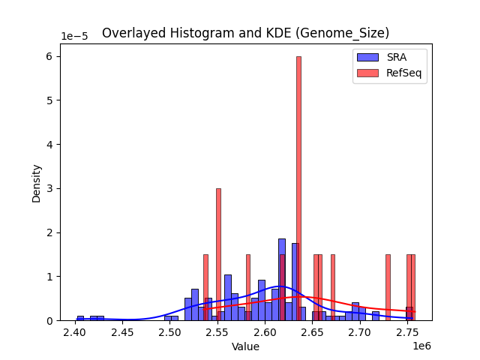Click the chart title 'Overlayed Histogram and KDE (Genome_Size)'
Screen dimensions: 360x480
pyautogui.click(x=245, y=33)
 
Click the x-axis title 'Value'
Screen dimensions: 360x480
pyautogui.click(x=245, y=346)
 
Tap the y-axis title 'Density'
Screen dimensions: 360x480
pyautogui.click(x=36, y=182)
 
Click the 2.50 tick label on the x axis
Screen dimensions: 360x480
pyautogui.click(x=169, y=332)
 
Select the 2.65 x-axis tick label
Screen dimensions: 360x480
pyautogui.click(x=312, y=332)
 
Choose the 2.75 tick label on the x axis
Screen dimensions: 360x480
pyautogui.click(x=407, y=332)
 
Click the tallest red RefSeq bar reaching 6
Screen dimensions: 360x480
pyautogui.click(x=298, y=187)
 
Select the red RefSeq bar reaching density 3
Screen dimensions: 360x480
pyautogui.click(x=218, y=255)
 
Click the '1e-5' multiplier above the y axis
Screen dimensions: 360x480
pyautogui.click(x=73, y=36)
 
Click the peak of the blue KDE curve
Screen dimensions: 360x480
pyautogui.click(x=274, y=286)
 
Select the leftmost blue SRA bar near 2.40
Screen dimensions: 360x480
pyautogui.click(x=80, y=318)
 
